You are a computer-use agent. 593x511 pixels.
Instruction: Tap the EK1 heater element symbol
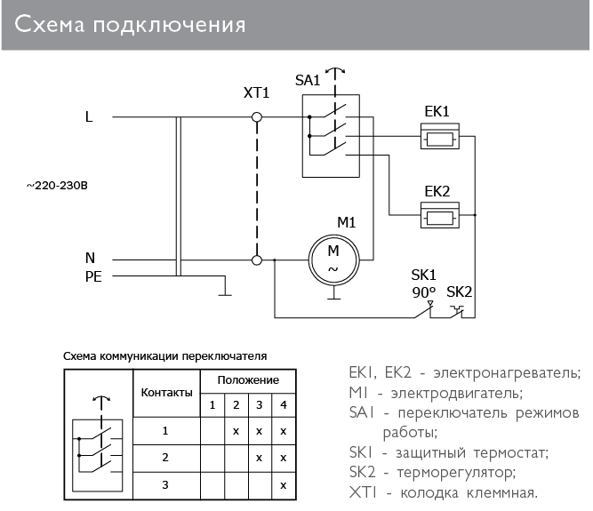[x=439, y=138]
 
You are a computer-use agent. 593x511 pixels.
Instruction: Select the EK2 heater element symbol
[x=439, y=216]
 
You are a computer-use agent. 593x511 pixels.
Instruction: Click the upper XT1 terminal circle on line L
[x=257, y=117]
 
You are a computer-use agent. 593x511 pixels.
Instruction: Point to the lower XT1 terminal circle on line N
[x=257, y=259]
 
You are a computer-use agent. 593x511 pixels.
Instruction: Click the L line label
[x=88, y=116]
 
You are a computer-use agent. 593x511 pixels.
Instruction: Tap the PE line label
[x=93, y=276]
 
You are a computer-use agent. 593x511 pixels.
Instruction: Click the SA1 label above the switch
[x=308, y=80]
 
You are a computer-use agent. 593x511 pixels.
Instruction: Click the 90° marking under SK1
[x=422, y=291]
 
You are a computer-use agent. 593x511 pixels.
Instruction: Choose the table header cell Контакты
[x=166, y=392]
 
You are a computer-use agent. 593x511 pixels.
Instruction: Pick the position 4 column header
[x=283, y=405]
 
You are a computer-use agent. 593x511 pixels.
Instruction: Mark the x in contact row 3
[x=283, y=485]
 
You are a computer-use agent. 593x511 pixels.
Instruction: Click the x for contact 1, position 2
[x=236, y=431]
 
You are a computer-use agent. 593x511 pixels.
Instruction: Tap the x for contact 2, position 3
[x=259, y=458]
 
